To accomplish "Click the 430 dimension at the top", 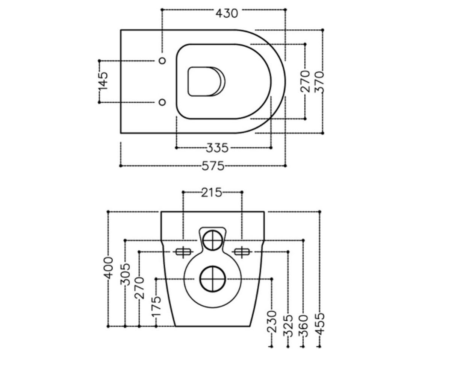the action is tap(227, 14).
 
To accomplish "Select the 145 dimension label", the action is tap(103, 81).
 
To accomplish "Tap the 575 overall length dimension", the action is tap(213, 166).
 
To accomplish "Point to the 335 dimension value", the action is tap(217, 148).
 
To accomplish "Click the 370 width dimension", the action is tap(319, 82).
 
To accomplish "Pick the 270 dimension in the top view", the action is tap(305, 81).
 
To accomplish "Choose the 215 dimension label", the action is tap(212, 192).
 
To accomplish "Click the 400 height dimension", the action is tap(108, 268).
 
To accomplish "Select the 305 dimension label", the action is tap(125, 274).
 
